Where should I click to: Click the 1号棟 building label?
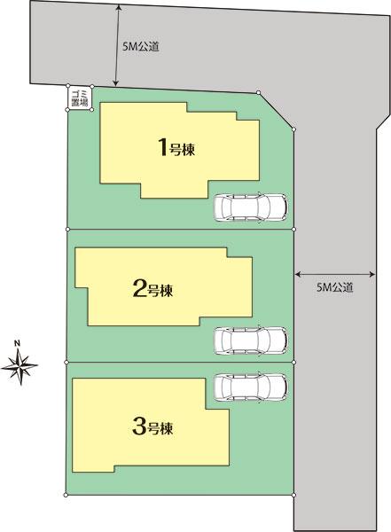[176, 148]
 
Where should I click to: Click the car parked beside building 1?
[251, 207]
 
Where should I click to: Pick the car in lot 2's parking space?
[251, 340]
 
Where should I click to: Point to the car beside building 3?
[251, 387]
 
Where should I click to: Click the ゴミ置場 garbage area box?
[79, 98]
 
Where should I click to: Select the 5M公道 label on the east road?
[335, 287]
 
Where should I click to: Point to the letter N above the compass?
[17, 341]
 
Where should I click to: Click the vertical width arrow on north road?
[117, 44]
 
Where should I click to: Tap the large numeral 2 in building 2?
[138, 287]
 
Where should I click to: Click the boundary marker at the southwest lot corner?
[66, 493]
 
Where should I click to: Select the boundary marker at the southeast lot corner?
[293, 494]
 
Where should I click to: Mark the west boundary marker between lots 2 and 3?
[66, 362]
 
